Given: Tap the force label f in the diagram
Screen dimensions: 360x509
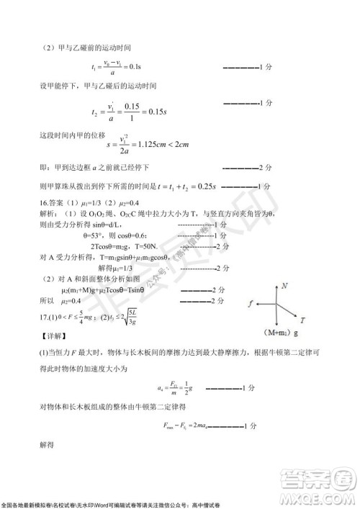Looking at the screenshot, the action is tap(251, 305).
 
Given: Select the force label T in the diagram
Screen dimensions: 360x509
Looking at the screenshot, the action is tap(302, 319).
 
